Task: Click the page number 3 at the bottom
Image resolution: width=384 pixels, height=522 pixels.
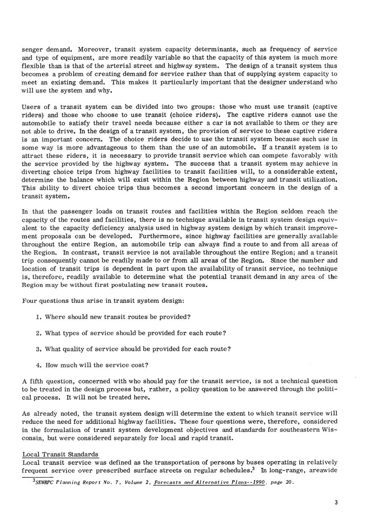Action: [336, 503]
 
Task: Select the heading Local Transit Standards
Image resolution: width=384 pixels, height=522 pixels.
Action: [60, 454]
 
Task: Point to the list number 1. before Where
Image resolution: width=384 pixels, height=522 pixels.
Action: [39, 316]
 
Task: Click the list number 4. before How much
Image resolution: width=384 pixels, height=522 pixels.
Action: [39, 365]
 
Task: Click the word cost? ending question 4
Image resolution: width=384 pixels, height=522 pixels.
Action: [139, 365]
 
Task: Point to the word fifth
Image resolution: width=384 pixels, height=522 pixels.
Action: [39, 381]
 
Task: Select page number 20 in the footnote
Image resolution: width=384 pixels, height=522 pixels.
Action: [289, 483]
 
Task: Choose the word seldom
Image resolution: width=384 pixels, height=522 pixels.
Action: [291, 212]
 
